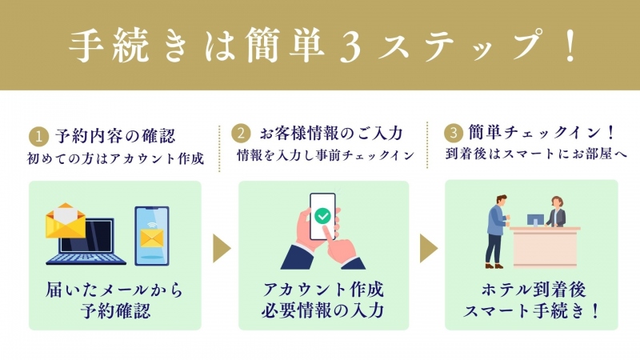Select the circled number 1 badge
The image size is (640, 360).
coord(38,136)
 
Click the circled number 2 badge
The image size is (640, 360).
coord(241,134)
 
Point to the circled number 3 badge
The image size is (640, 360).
coord(453,133)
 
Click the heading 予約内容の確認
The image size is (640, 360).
coord(115,136)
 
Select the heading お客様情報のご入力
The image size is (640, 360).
coord(331,134)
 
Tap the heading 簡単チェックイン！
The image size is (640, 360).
coord(542,132)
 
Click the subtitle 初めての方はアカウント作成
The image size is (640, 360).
coord(115,158)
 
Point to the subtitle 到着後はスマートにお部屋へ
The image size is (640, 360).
coord(536,154)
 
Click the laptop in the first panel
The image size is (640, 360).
coord(86,242)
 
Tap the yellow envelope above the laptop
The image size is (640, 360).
coord(66,221)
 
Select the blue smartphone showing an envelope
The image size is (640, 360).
coord(152,236)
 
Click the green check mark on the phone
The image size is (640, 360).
coord(322,215)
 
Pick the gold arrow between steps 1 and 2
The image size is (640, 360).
coord(222,248)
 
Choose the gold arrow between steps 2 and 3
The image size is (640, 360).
coord(429,248)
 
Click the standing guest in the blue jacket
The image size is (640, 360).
coord(497,231)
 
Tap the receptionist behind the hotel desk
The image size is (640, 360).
coord(556,212)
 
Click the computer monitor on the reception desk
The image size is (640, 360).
coord(535,221)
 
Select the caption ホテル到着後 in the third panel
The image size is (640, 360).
coord(534,290)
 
